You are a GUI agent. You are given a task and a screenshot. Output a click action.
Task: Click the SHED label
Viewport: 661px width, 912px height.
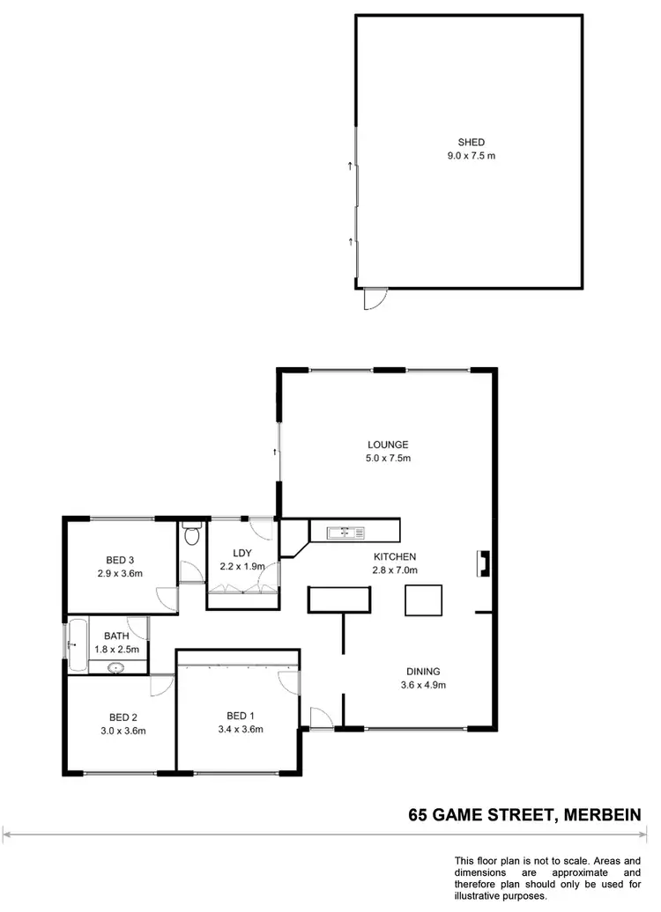click(x=471, y=142)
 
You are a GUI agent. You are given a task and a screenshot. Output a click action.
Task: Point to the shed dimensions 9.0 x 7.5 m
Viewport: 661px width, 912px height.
click(x=471, y=156)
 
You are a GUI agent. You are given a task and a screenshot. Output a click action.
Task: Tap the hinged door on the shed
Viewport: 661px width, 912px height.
click(x=374, y=299)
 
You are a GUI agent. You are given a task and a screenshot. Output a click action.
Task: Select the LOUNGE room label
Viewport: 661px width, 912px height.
click(x=389, y=445)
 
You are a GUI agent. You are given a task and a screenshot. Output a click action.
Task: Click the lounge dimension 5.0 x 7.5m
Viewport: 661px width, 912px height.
click(x=389, y=458)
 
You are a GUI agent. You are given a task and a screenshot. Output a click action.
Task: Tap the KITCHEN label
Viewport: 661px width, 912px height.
click(x=394, y=556)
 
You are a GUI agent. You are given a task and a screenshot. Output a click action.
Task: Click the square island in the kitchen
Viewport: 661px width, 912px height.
click(x=421, y=599)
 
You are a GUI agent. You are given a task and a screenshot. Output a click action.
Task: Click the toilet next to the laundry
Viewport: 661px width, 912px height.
click(x=192, y=534)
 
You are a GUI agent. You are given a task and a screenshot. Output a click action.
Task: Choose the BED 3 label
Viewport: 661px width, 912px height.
click(x=120, y=560)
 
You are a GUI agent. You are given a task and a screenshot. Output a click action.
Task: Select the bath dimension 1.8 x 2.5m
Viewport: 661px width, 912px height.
click(x=117, y=649)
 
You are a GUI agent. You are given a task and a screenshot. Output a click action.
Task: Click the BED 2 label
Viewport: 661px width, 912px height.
click(x=122, y=717)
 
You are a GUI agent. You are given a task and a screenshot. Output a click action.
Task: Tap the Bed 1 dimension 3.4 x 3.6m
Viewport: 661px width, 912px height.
click(x=241, y=729)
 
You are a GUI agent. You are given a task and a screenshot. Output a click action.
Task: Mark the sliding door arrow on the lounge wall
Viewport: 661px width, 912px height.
click(x=275, y=452)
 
